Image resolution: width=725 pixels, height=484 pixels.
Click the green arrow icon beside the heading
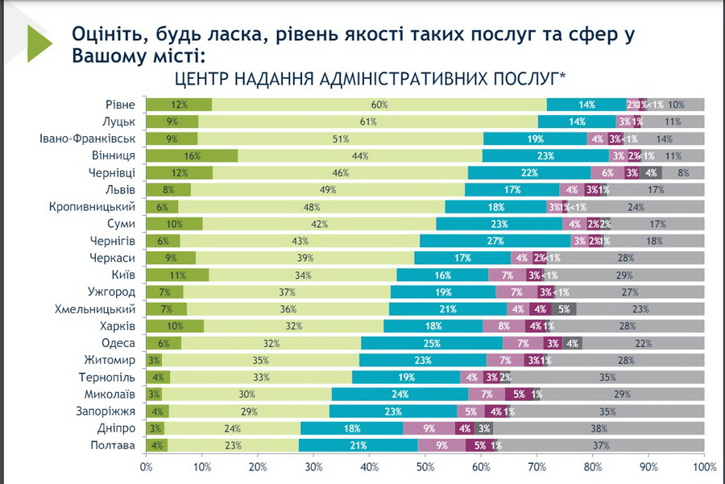39,43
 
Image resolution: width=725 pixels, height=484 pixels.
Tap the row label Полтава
114,445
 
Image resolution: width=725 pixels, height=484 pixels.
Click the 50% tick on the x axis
425,466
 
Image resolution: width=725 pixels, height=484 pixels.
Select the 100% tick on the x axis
702,466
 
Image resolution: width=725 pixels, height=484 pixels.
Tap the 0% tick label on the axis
147,466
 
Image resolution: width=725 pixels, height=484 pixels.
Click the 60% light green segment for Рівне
379,105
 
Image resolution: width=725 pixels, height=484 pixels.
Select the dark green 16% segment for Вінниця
192,155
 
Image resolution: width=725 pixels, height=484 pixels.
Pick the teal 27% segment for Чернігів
495,241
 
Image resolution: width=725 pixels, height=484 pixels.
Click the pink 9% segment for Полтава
442,445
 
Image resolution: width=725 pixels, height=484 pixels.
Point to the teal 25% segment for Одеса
431,343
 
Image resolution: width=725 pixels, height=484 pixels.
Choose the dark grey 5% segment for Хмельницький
564,308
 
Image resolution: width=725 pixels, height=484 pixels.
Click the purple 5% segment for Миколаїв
518,394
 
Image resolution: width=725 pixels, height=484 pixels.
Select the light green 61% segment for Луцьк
368,122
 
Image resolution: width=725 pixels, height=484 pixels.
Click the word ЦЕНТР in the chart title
201,79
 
